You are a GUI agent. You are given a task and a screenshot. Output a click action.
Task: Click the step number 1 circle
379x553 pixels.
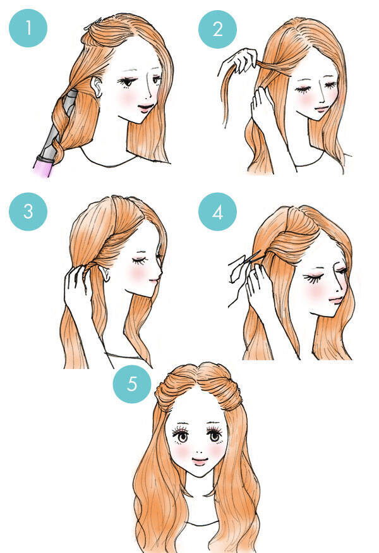pos(28,28)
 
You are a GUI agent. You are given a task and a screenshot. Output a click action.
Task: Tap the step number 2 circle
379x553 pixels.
pos(217,29)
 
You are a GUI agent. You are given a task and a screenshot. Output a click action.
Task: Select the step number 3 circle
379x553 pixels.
pos(28,212)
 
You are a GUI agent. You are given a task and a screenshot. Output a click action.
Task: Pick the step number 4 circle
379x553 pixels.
pos(217,212)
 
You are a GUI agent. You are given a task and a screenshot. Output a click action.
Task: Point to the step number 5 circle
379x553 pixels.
pos(132,384)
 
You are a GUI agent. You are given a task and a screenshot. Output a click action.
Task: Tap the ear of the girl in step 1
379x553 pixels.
pos(97,87)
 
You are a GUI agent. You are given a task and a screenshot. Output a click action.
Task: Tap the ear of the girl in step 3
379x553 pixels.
pos(104,273)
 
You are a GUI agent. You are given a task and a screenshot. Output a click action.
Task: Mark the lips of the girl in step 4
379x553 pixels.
pos(335,300)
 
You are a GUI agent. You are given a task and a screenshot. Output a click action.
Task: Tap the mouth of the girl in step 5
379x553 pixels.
pos(200,461)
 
